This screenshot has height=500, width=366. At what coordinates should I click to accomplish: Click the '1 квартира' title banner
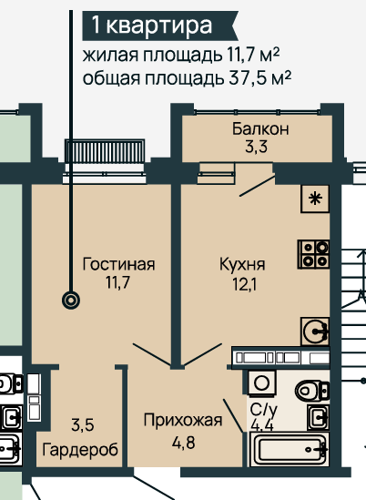[x=160, y=26]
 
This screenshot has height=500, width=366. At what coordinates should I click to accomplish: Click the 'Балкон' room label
[x=260, y=129]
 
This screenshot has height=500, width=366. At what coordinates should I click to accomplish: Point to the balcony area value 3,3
[x=256, y=148]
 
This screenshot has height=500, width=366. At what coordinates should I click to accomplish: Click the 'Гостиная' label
[x=118, y=264]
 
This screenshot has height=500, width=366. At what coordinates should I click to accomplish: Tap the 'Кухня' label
[x=242, y=265]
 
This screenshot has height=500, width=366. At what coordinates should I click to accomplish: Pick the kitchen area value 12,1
[x=244, y=284]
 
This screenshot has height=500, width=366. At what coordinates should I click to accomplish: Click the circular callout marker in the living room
[x=71, y=300]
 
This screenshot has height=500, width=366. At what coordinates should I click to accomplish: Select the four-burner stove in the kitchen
[x=313, y=254]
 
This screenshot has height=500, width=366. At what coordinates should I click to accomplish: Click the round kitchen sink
[x=314, y=332]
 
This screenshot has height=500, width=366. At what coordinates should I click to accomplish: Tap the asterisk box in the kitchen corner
[x=315, y=199]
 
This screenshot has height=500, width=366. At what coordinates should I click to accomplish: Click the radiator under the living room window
[x=105, y=151]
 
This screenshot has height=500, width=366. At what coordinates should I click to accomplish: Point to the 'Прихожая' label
[x=183, y=421]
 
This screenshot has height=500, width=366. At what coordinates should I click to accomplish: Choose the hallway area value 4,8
[x=183, y=443]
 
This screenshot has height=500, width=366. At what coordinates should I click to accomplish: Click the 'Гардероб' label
[x=80, y=450]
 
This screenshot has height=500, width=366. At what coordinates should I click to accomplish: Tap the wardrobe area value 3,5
[x=83, y=425]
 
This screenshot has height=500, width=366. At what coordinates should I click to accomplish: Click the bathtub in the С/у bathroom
[x=290, y=449]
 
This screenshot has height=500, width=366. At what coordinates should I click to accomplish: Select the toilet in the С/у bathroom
[x=312, y=391]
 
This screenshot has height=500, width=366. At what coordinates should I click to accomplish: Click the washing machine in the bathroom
[x=261, y=383]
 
